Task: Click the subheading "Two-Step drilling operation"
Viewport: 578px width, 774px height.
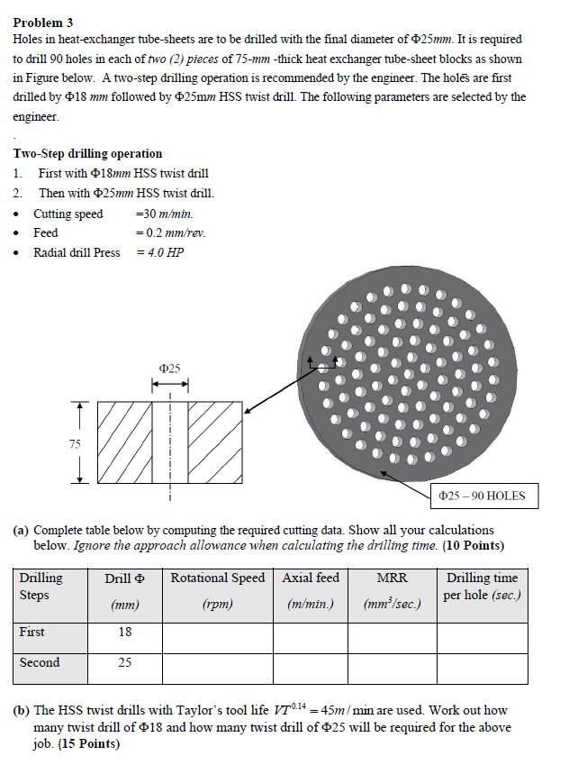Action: click(87, 154)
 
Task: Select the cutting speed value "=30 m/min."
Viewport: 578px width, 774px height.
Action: click(164, 214)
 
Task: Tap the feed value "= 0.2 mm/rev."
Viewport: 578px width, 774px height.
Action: click(171, 233)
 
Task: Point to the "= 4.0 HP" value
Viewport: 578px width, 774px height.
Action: click(159, 252)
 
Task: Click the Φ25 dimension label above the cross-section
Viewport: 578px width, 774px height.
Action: click(169, 369)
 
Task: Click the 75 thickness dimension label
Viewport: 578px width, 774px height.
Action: click(75, 442)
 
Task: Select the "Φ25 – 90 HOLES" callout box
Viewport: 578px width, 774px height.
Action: click(481, 496)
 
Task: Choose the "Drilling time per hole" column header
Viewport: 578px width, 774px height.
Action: click(482, 587)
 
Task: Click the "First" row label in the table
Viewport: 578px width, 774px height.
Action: click(32, 633)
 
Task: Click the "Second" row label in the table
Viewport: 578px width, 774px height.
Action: click(40, 663)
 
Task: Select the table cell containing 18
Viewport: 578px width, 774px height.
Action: click(125, 633)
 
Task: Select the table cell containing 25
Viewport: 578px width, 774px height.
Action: click(125, 664)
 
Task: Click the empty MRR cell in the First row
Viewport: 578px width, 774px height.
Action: click(392, 638)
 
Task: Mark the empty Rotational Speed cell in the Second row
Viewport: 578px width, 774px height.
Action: click(218, 669)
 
